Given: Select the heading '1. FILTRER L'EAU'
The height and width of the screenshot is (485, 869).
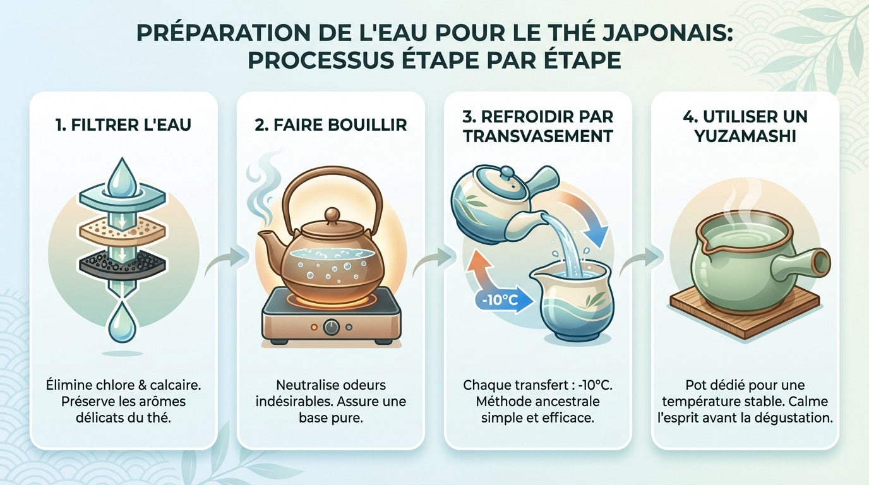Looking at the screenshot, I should (124, 124).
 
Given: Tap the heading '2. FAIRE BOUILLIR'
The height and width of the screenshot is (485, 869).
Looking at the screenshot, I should (331, 124).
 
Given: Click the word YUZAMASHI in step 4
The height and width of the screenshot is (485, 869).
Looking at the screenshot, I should (745, 136).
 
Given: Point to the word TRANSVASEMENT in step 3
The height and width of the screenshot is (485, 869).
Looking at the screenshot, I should (538, 136).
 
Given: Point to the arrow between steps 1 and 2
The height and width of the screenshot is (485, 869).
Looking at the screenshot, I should (227, 256).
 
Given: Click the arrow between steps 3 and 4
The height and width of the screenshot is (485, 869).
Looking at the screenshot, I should (642, 256).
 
